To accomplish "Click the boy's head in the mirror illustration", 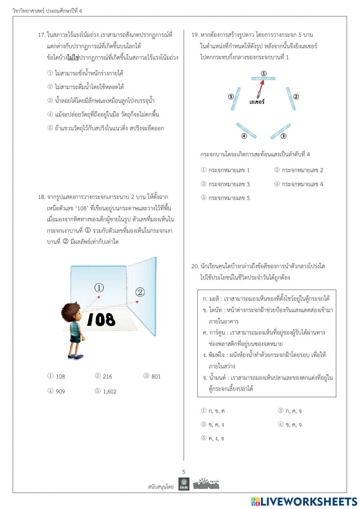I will [x=71, y=312].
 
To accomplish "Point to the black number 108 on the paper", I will [x=101, y=320].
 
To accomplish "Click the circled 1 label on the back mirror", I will [x=99, y=287].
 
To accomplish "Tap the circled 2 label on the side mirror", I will [x=140, y=292].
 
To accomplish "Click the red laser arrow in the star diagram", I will [x=261, y=87].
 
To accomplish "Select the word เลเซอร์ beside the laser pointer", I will [x=257, y=102].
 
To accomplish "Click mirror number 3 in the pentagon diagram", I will [x=280, y=131].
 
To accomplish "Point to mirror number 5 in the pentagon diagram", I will [x=236, y=98].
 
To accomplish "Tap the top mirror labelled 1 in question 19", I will [x=263, y=78].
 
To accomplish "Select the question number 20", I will [x=195, y=266].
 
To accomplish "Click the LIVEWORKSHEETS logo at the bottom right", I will [x=304, y=501].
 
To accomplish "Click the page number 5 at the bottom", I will [x=184, y=472].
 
